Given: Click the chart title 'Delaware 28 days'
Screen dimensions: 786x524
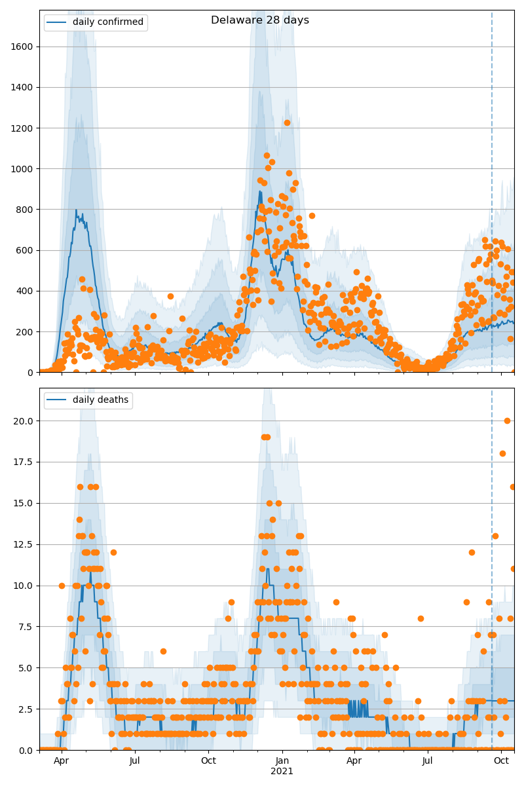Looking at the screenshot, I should click(x=259, y=20).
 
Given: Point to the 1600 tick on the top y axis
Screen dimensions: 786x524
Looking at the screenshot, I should click(x=24, y=47).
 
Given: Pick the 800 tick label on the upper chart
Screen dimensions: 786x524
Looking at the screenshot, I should click(x=26, y=210).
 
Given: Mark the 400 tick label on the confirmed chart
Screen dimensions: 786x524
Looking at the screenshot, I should click(x=26, y=291).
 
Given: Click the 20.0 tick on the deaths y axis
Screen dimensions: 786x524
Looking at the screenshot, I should click(x=25, y=421).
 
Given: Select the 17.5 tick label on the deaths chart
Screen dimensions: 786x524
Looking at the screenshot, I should click(x=25, y=462).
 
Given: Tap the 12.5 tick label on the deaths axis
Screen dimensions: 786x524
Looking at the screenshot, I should click(x=25, y=544).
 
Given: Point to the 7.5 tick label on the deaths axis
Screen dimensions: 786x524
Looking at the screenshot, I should click(x=28, y=627).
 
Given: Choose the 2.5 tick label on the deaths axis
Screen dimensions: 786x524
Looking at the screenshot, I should click(x=28, y=709).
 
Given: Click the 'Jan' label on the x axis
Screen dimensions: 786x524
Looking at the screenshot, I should click(x=282, y=760).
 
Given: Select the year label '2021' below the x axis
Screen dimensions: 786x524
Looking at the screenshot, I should click(x=282, y=771).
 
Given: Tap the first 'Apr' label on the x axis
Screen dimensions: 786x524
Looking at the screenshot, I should click(x=61, y=760).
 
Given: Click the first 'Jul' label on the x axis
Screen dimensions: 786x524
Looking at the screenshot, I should click(x=134, y=760).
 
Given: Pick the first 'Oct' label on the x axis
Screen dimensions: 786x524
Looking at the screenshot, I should click(x=208, y=760).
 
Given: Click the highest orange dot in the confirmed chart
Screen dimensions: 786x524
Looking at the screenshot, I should click(x=287, y=122).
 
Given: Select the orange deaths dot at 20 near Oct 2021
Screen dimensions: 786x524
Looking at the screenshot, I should click(x=507, y=421).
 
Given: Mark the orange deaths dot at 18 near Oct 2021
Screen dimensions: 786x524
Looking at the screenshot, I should click(x=502, y=453).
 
